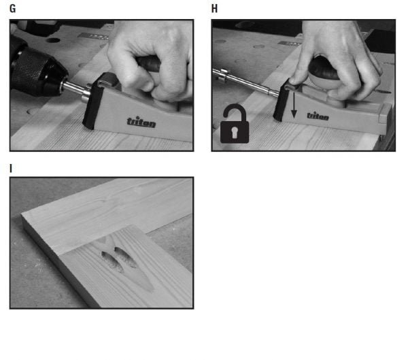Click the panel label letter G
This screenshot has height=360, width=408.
pos(12,9)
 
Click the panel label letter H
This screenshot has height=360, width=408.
pos(214,9)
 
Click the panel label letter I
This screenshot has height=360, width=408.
pos(11,169)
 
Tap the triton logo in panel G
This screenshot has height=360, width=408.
pos(141,122)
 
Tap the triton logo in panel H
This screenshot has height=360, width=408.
pos(318,116)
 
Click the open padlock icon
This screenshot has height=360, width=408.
pos(235,123)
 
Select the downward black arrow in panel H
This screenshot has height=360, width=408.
pos(294,105)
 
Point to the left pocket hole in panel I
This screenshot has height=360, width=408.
pos(112,261)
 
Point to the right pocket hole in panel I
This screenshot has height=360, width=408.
pos(125,257)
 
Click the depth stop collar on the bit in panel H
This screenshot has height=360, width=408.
pos(224,75)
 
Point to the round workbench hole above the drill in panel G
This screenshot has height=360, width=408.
pos(53,40)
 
